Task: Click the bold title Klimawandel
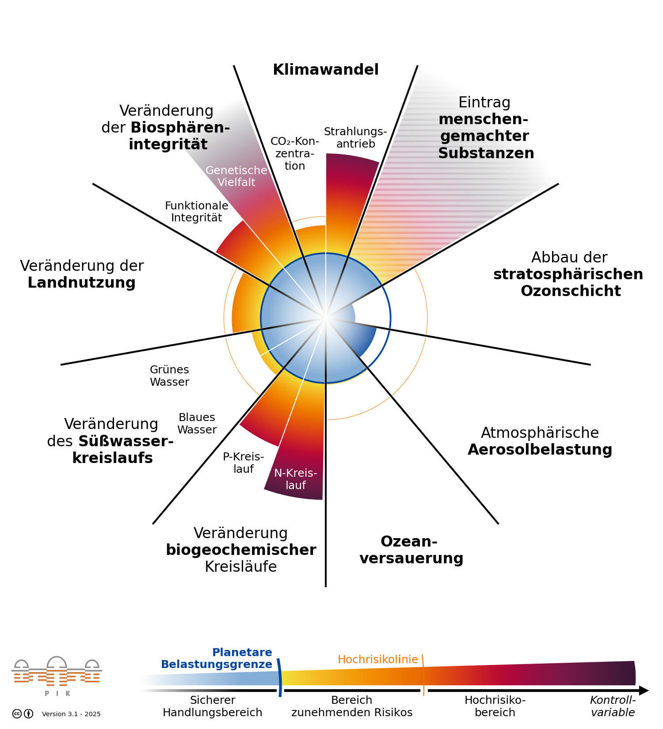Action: tap(326, 70)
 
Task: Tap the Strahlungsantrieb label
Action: tap(355, 138)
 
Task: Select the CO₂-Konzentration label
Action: tap(295, 153)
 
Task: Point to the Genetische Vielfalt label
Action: tap(236, 176)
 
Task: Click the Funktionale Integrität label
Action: tap(197, 212)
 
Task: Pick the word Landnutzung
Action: tap(82, 283)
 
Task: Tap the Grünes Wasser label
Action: tap(169, 376)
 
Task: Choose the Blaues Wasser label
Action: tap(197, 424)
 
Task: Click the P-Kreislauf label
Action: tap(244, 463)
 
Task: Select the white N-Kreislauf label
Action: tap(296, 479)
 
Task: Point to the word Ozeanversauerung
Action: tap(411, 550)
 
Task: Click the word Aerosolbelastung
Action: tap(540, 450)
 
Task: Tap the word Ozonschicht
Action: tap(571, 291)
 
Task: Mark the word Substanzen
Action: tap(486, 153)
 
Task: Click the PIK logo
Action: tap(57, 676)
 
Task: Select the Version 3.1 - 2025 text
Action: tap(71, 714)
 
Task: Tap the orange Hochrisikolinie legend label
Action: tap(378, 660)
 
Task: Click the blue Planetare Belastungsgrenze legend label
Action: tap(217, 658)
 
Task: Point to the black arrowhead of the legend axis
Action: tap(644, 690)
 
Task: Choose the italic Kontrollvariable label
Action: tap(613, 706)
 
